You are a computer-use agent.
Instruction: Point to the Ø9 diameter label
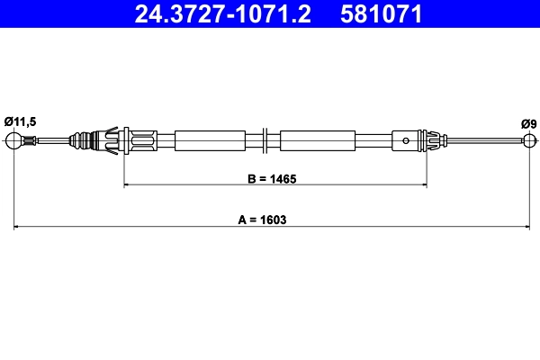(x=528, y=123)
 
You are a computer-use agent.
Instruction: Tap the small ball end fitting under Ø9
(x=528, y=139)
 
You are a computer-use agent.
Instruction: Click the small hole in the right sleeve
(x=408, y=139)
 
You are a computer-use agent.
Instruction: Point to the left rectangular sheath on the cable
(x=210, y=140)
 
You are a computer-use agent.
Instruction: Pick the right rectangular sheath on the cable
(x=316, y=140)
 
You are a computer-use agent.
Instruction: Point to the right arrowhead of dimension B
(x=423, y=185)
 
